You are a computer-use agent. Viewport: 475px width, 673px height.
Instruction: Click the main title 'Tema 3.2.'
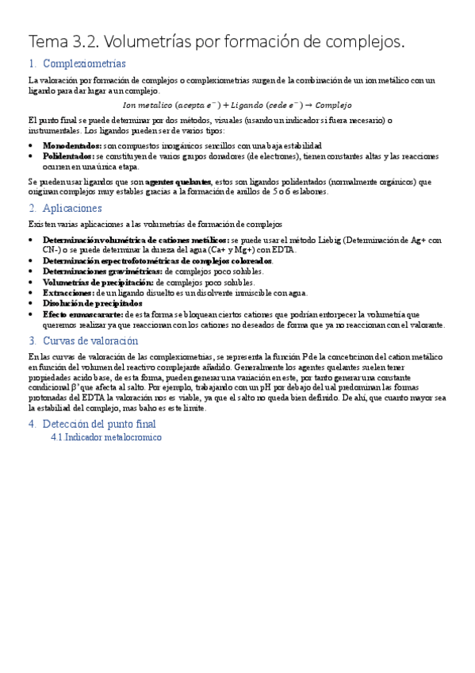[64, 40]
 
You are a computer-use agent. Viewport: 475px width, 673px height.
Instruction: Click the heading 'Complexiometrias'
[83, 63]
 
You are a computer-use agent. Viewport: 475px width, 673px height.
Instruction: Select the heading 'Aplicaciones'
[72, 208]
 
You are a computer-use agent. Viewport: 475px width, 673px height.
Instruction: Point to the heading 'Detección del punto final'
[98, 424]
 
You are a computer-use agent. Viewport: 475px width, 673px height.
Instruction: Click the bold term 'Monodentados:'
[72, 146]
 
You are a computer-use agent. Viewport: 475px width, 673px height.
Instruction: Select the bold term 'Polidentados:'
[69, 156]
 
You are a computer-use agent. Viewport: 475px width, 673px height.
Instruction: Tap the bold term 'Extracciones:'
[68, 293]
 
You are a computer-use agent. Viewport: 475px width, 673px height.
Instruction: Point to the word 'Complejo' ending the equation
[332, 105]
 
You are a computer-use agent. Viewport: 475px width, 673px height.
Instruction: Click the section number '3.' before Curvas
[33, 341]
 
